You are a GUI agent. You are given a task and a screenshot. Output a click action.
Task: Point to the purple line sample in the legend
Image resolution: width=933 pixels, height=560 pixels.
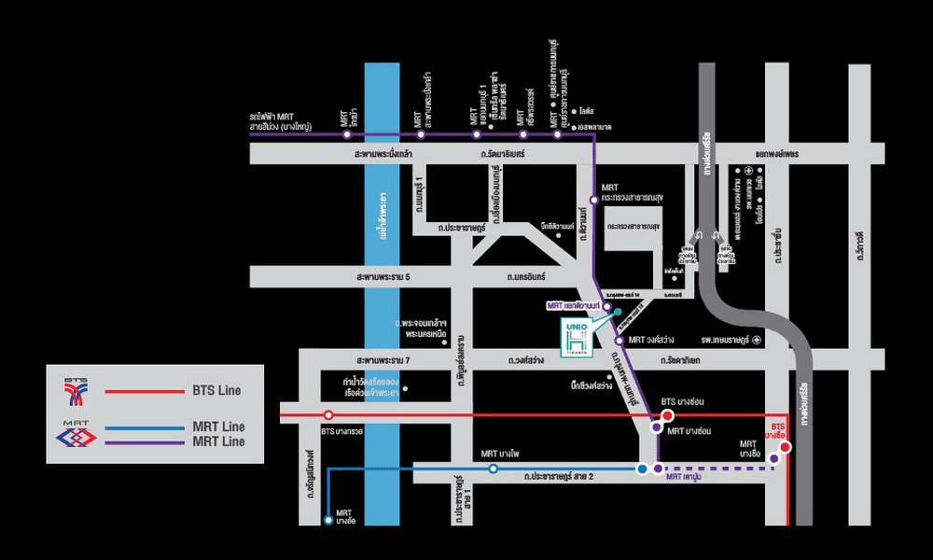point(150,442)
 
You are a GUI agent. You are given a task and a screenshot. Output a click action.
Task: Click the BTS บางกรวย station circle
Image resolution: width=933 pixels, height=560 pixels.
point(328,414)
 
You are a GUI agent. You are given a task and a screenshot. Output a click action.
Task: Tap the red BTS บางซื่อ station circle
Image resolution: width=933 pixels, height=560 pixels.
point(786,447)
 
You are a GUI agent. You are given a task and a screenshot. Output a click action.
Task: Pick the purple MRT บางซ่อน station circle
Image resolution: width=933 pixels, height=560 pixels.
point(657,429)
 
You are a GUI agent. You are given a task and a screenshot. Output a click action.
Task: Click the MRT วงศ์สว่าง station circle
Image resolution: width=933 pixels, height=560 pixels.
point(619,341)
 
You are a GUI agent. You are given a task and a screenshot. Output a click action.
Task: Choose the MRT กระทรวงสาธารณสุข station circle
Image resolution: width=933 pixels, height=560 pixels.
point(594,199)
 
